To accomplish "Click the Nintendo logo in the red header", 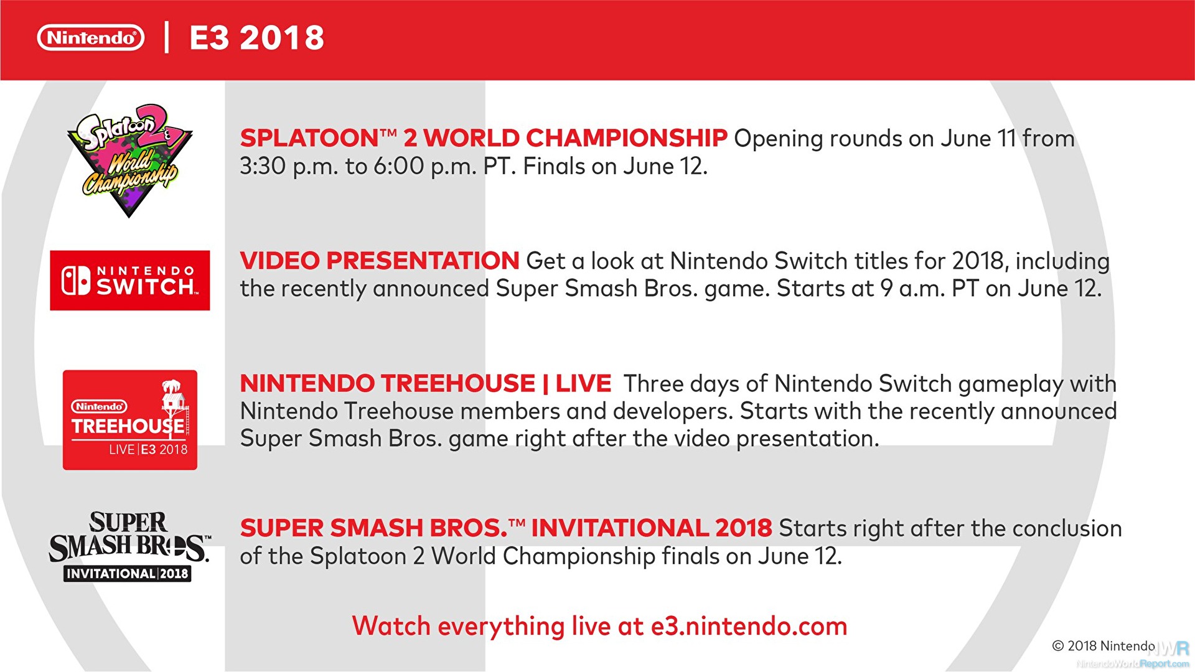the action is [91, 38].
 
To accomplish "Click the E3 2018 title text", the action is [257, 38].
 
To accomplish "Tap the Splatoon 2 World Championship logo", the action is [129, 161].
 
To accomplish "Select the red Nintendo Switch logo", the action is [130, 281].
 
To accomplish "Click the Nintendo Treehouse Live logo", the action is [130, 420].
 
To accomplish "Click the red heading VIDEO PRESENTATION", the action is [380, 261].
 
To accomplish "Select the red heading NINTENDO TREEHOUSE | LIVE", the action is [426, 383].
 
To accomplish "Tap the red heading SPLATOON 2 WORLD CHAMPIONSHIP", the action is [484, 138].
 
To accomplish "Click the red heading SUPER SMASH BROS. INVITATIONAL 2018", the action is [506, 528].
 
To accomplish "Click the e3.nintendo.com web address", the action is [749, 626].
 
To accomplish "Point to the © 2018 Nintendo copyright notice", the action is [1104, 646].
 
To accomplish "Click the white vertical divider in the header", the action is [167, 37].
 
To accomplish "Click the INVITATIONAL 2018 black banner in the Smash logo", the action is [127, 574].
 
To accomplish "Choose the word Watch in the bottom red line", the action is [391, 626].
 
